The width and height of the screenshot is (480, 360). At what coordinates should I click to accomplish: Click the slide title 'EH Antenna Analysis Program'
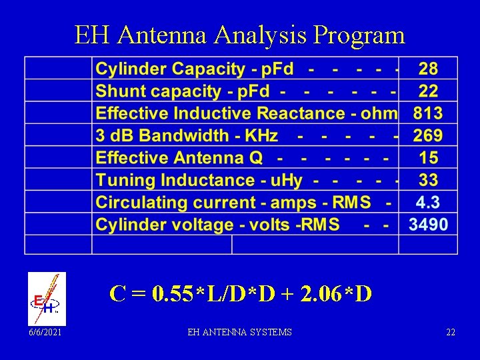(240, 35)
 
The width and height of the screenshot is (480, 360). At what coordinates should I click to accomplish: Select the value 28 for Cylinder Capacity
(428, 69)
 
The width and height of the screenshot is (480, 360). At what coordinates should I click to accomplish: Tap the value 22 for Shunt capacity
(428, 91)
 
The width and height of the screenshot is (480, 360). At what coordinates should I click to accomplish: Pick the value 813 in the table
(428, 113)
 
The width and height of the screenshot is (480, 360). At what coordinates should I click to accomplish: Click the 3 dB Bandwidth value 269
(428, 136)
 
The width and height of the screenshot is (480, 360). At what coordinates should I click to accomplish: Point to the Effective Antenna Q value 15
(428, 158)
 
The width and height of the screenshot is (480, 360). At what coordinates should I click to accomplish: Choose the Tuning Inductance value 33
(428, 180)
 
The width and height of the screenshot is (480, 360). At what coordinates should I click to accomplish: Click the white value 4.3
(428, 203)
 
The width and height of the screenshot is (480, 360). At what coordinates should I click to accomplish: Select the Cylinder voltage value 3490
(428, 225)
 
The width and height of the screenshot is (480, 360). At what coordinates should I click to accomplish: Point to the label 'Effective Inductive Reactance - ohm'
(246, 113)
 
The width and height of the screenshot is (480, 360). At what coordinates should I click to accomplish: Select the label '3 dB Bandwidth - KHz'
(187, 136)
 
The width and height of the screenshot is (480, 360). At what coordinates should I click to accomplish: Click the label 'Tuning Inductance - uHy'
(199, 180)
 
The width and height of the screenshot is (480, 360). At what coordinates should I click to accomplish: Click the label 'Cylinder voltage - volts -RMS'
(217, 225)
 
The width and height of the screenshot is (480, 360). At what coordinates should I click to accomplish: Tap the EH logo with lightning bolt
(47, 299)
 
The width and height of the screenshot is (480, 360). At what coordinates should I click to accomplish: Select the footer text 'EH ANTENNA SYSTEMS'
(240, 332)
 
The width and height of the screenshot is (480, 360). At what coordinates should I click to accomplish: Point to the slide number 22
(451, 332)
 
